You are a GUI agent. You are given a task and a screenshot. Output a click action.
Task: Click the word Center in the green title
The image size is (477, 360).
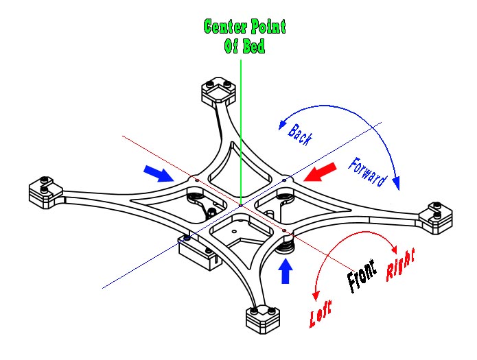pyautogui.click(x=226, y=27)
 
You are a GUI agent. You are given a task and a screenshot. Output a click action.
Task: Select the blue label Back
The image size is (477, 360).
pyautogui.click(x=300, y=134)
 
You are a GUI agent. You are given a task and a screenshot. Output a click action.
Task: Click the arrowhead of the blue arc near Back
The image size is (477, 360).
pyautogui.click(x=279, y=124)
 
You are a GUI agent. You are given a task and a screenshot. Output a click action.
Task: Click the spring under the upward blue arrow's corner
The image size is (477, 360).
pyautogui.click(x=288, y=241)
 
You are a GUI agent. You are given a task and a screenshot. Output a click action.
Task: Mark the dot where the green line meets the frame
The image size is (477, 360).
pyautogui.click(x=241, y=204)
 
